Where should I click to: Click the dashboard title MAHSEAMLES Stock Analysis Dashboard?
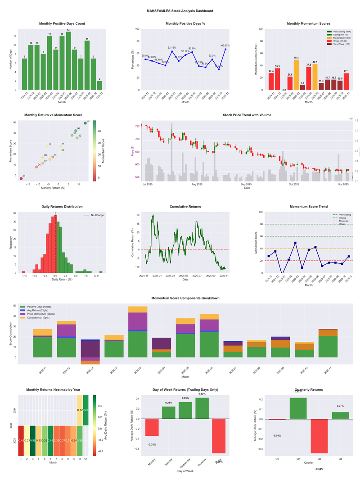tap(180, 11)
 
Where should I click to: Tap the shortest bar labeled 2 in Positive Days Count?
tap(99, 85)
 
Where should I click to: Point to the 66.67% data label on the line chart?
tap(225, 45)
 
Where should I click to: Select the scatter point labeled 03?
tap(85, 123)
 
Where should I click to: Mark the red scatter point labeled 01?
tap(21, 179)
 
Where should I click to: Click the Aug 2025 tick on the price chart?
tap(197, 184)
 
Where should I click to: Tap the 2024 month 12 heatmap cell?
tap(85, 410)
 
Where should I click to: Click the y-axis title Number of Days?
tap(11, 59)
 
